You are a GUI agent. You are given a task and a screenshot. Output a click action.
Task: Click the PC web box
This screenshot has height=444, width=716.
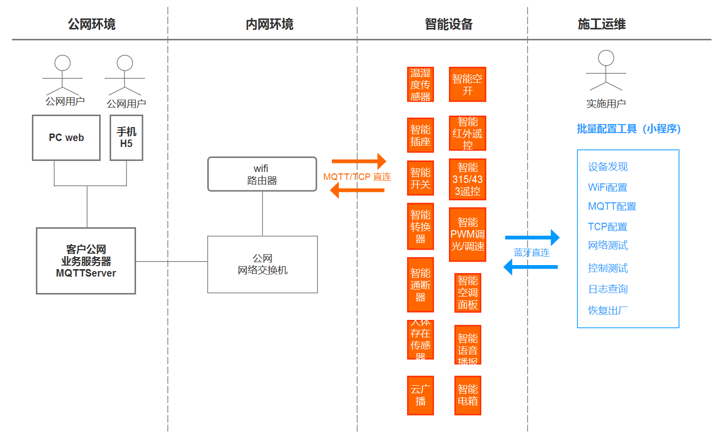coord(66,138)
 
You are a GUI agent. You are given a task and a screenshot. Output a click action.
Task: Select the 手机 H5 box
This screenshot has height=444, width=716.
coord(127,138)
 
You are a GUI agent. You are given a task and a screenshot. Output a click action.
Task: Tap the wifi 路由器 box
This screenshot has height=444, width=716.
coord(262,174)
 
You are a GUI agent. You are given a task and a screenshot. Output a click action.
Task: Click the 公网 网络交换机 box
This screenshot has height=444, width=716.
coord(263,265)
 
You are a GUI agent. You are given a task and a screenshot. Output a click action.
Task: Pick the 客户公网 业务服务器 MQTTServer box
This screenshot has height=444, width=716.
coord(86,261)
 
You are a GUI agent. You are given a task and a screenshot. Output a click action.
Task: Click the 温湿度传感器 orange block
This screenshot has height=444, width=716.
coord(421,85)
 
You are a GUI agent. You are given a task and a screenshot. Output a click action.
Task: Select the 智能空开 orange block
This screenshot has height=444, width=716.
coord(467,85)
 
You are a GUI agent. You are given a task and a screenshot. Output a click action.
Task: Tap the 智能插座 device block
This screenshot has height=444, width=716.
coord(421,136)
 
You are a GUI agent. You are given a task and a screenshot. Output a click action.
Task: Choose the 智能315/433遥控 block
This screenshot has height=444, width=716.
coord(467,179)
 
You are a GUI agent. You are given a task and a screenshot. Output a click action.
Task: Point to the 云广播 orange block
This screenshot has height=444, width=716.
coord(421,396)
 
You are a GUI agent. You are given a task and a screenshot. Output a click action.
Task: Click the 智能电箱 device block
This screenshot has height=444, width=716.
coord(468,396)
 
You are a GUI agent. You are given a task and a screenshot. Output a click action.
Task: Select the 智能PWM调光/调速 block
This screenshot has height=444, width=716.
coord(467,235)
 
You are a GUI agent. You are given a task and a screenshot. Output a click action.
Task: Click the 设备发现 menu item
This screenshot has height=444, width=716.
coord(608,167)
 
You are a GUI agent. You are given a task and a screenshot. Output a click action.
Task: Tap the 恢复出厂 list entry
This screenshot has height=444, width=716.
coord(608,310)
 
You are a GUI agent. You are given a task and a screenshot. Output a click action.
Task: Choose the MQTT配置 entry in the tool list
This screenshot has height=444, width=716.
coord(612,206)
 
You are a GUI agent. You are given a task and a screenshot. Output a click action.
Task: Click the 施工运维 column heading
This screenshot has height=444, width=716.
coord(601,24)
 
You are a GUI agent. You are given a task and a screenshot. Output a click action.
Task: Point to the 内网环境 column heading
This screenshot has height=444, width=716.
coord(270,24)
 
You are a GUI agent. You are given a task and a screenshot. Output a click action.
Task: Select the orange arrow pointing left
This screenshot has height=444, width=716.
coord(357,190)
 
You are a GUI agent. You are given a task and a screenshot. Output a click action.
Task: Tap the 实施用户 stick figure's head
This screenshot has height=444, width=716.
coord(606,58)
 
